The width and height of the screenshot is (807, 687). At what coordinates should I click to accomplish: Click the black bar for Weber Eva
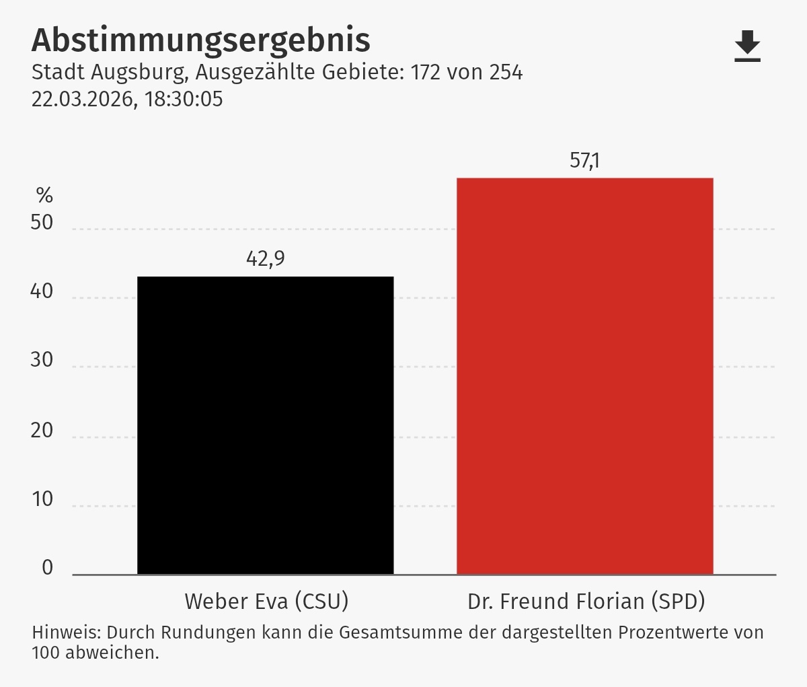click(x=266, y=425)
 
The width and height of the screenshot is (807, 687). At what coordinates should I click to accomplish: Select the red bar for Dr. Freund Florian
click(x=585, y=376)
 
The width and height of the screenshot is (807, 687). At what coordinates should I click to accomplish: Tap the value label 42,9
click(x=266, y=258)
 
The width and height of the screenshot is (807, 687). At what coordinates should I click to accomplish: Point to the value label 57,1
click(x=584, y=161)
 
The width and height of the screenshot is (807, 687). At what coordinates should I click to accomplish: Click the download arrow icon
click(x=747, y=46)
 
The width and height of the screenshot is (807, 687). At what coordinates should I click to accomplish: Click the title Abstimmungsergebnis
click(x=200, y=40)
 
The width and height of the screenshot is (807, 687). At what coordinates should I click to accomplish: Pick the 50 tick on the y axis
click(x=42, y=223)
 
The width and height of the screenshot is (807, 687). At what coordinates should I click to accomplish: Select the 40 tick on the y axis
click(x=42, y=291)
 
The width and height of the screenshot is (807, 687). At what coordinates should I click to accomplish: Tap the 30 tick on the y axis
click(x=42, y=360)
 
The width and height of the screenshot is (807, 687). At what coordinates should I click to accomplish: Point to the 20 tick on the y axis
click(x=42, y=431)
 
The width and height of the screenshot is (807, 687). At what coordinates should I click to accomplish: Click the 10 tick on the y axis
click(x=42, y=499)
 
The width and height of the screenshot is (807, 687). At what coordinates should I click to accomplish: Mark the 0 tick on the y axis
click(x=47, y=567)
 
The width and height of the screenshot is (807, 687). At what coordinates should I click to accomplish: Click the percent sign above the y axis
click(x=44, y=195)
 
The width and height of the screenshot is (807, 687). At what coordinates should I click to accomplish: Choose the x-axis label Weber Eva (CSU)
click(x=267, y=602)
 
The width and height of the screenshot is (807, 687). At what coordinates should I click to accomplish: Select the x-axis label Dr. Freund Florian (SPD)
click(x=586, y=602)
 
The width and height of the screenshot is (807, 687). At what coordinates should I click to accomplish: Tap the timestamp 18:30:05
click(x=184, y=99)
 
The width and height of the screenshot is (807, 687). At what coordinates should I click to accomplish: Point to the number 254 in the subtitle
click(x=506, y=72)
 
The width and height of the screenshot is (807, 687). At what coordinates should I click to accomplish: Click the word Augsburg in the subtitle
click(x=140, y=73)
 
